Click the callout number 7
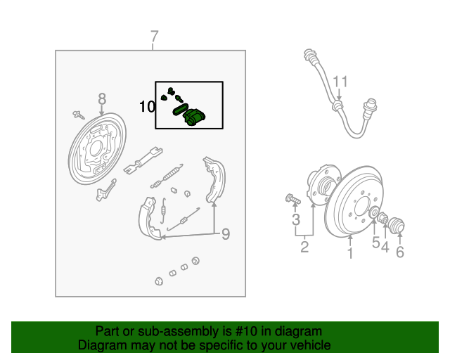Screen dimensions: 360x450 (x=155, y=37)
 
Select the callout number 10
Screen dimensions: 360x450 (x=147, y=107)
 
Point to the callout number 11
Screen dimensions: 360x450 (x=340, y=82)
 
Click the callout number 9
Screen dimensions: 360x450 (x=226, y=233)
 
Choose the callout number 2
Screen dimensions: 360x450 (x=304, y=246)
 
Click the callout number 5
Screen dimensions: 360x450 (x=375, y=243)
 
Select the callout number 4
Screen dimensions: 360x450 (x=385, y=247)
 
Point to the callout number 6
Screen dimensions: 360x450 (x=400, y=252)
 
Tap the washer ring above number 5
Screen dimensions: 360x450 (x=374, y=214)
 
